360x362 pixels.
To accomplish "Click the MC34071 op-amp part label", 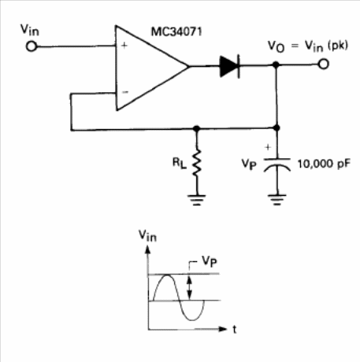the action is pyautogui.click(x=176, y=31).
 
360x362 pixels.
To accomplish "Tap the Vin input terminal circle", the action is pyautogui.click(x=32, y=46).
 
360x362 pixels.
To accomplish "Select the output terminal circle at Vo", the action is pyautogui.click(x=324, y=64).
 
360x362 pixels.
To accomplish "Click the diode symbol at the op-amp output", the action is pyautogui.click(x=230, y=66).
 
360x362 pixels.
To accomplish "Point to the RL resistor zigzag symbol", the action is pyautogui.click(x=197, y=163).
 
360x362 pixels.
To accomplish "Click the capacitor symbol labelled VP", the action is pyautogui.click(x=277, y=164).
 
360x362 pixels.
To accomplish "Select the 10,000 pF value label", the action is pyautogui.click(x=324, y=164).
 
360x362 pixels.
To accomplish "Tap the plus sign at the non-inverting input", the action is pyautogui.click(x=124, y=46).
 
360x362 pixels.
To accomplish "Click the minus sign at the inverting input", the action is pyautogui.click(x=125, y=92).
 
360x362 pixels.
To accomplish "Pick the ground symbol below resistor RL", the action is pyautogui.click(x=197, y=200).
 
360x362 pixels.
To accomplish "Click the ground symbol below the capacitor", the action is pyautogui.click(x=277, y=199).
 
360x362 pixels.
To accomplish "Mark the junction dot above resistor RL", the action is pyautogui.click(x=196, y=128).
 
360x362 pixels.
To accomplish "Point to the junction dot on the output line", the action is pyautogui.click(x=276, y=65).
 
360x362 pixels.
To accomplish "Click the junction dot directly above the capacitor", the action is pyautogui.click(x=276, y=127).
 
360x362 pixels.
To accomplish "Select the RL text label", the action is pyautogui.click(x=180, y=163).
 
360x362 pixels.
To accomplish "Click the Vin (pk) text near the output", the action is pyautogui.click(x=326, y=46).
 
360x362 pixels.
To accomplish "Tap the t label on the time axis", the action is pyautogui.click(x=235, y=329).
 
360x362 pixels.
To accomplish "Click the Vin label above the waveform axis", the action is pyautogui.click(x=147, y=235).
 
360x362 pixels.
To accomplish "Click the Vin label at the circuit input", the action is pyautogui.click(x=30, y=30).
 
